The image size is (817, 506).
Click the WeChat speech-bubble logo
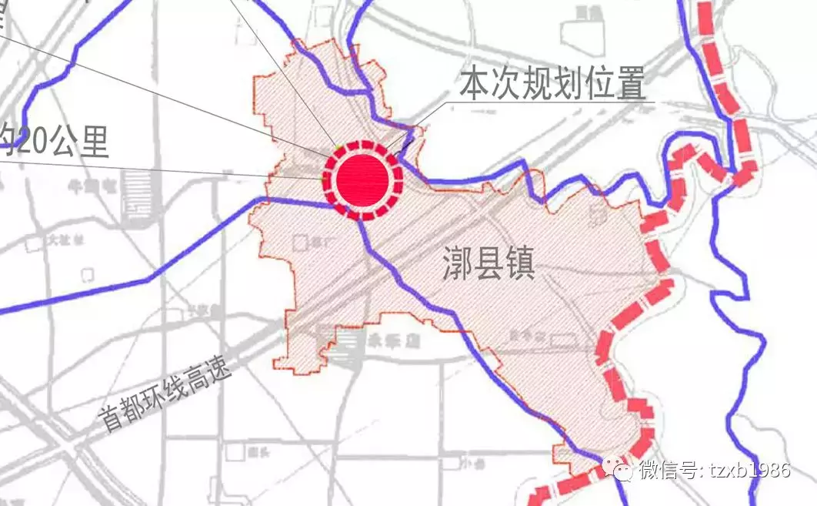617,467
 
